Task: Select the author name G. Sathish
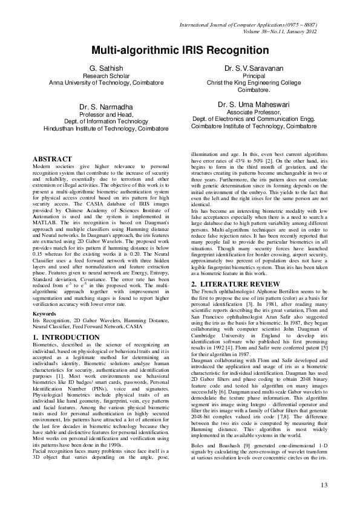click(x=106, y=68)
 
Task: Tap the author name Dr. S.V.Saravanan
click(x=254, y=68)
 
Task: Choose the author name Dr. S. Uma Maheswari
click(x=254, y=104)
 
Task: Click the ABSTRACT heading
click(x=52, y=159)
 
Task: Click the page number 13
click(x=323, y=485)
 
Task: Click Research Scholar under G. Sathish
click(x=106, y=76)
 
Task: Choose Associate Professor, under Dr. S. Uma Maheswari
click(x=254, y=112)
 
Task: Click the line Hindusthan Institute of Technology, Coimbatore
click(x=106, y=129)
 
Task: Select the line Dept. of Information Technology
click(x=106, y=122)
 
